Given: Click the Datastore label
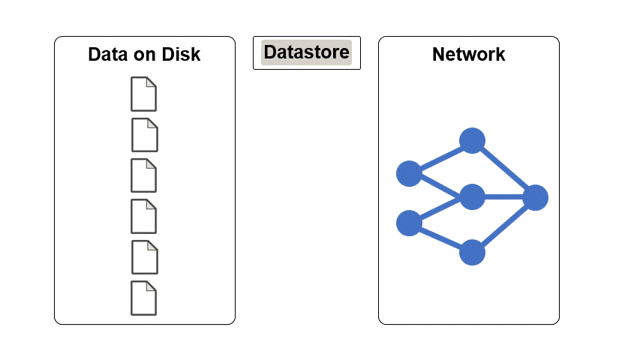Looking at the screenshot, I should coord(306,52).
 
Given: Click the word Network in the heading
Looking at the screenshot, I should coord(468,55).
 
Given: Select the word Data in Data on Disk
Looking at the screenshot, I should coord(106,55).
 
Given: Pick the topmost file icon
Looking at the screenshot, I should coord(144,94).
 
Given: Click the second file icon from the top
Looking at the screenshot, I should coord(145,134).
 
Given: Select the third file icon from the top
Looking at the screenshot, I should coord(144,175).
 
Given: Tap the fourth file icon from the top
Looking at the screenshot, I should coord(144,216).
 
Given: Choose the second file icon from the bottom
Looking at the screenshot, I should coord(145,256).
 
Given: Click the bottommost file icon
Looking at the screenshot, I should coord(144,298).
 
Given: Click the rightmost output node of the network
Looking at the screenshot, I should coord(535,198).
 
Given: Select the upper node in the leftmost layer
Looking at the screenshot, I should coord(409,173).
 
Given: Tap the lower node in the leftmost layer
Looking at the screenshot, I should coord(409,223).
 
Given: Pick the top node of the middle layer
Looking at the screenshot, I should coord(472,140).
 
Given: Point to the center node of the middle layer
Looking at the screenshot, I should coord(472,197).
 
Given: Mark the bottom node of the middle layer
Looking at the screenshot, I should coord(472,253).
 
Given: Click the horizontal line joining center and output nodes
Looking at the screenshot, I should coord(503,197).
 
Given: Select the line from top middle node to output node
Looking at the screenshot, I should coord(503,169).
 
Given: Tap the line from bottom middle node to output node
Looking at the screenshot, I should coord(503,226).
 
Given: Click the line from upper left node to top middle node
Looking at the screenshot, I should coord(440,157).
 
